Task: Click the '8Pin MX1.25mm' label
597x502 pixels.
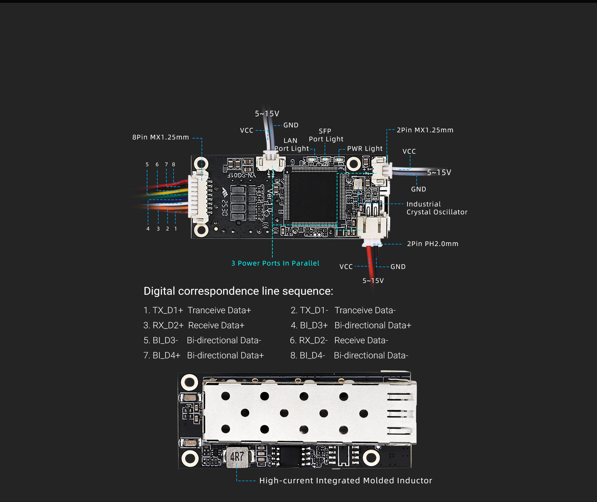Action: [160, 137]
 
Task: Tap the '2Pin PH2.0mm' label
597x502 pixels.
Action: [433, 244]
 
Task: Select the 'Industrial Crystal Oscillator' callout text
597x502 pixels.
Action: [437, 208]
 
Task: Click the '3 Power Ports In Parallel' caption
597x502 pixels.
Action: [275, 263]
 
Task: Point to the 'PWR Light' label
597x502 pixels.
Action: [365, 149]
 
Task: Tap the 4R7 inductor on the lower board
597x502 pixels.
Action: [237, 457]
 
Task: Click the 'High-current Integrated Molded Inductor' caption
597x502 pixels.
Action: [345, 481]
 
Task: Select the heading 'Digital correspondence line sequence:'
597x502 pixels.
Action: [238, 291]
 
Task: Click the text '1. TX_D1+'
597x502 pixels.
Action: [163, 310]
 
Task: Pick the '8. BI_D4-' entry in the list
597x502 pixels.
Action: [308, 355]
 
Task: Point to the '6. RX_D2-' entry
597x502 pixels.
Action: [308, 340]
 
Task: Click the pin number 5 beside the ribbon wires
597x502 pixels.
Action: [147, 164]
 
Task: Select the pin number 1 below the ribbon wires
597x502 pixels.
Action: [175, 229]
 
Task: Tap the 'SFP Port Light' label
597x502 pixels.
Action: [326, 135]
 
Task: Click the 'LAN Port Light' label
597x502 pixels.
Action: [291, 145]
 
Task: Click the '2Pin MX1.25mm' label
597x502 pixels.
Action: [425, 130]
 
